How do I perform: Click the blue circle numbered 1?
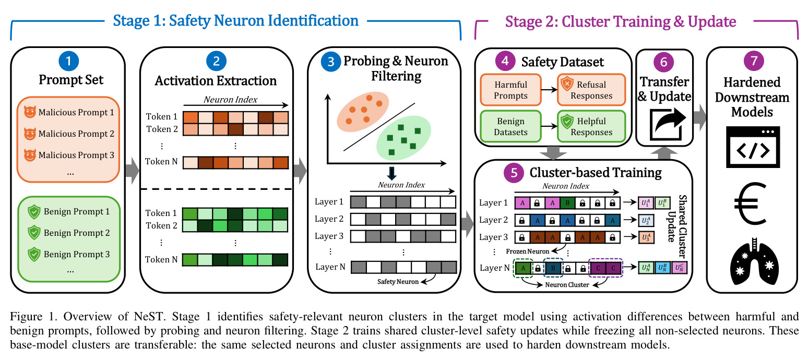[68, 61]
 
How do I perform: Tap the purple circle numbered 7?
[754, 61]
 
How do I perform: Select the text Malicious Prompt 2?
[76, 134]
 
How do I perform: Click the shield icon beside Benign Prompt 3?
[34, 254]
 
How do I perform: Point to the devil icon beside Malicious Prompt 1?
[30, 112]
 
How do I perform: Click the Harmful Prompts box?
[510, 90]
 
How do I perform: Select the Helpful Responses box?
[591, 126]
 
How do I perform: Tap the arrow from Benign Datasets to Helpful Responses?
[549, 126]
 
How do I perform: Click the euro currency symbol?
[750, 203]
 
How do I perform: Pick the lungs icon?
[754, 261]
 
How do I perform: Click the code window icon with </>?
[753, 147]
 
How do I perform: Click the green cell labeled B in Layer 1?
[567, 203]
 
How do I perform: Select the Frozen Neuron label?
[527, 251]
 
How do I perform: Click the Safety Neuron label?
[398, 282]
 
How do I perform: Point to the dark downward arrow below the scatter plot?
[392, 173]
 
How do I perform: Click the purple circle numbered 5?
[514, 173]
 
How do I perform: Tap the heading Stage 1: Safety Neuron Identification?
[235, 20]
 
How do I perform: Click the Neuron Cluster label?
[567, 285]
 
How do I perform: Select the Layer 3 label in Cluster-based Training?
[493, 237]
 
